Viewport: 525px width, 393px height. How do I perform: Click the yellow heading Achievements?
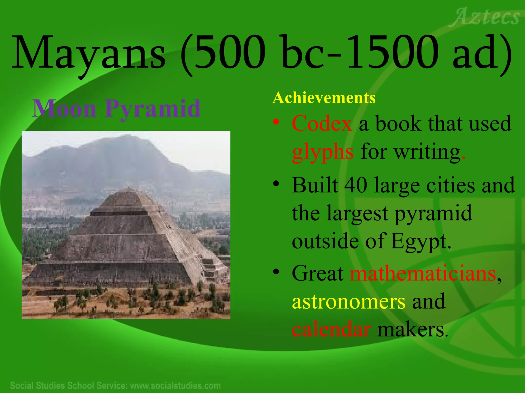324,98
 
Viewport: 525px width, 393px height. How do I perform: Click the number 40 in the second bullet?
356,185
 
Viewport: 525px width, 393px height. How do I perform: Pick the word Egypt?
420,241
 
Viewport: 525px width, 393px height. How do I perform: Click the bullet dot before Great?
276,271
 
